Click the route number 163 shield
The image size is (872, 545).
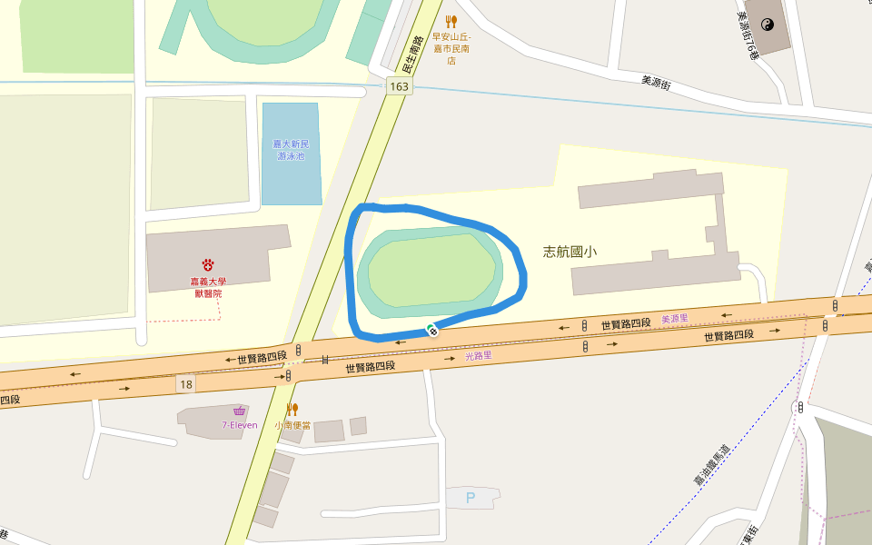399,86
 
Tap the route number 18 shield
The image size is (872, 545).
186,384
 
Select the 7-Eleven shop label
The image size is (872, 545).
239,425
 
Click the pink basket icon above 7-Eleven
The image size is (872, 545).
239,411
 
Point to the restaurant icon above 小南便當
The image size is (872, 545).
292,409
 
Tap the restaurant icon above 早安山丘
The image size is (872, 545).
451,21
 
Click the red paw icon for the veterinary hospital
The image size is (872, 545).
208,264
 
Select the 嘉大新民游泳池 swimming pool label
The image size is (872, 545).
292,150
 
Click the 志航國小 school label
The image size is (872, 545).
570,253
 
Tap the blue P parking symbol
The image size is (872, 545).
471,498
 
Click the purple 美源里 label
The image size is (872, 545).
674,319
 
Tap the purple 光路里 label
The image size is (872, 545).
478,356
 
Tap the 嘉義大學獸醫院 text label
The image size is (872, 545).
208,287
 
